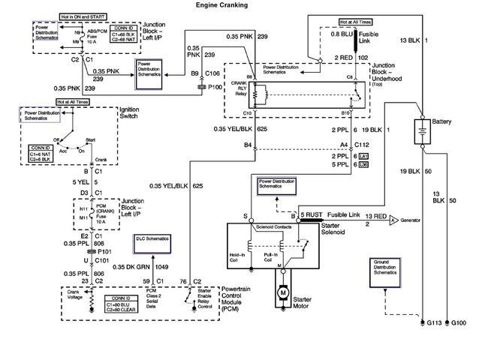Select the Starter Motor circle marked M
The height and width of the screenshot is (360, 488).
point(282,289)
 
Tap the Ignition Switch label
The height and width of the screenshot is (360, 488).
point(128,114)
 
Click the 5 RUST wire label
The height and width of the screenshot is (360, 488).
point(312,215)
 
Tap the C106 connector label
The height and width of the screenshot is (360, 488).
point(212,73)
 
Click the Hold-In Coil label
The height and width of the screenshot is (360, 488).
point(237,259)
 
